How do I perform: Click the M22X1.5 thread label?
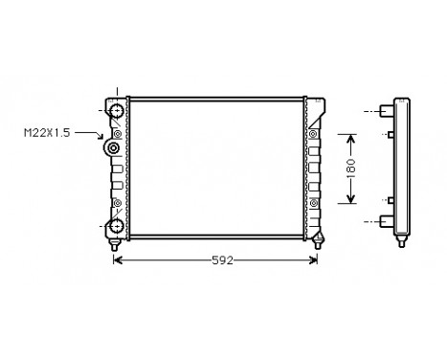pos(46,132)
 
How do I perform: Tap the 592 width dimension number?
pos(221,259)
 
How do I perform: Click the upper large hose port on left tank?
pos(115,111)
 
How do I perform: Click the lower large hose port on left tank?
pos(115,225)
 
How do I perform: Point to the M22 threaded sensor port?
pos(114,148)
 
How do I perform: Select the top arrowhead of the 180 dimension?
pos(350,136)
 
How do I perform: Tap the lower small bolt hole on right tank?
pos(312,203)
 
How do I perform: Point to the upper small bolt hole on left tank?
pos(117,132)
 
